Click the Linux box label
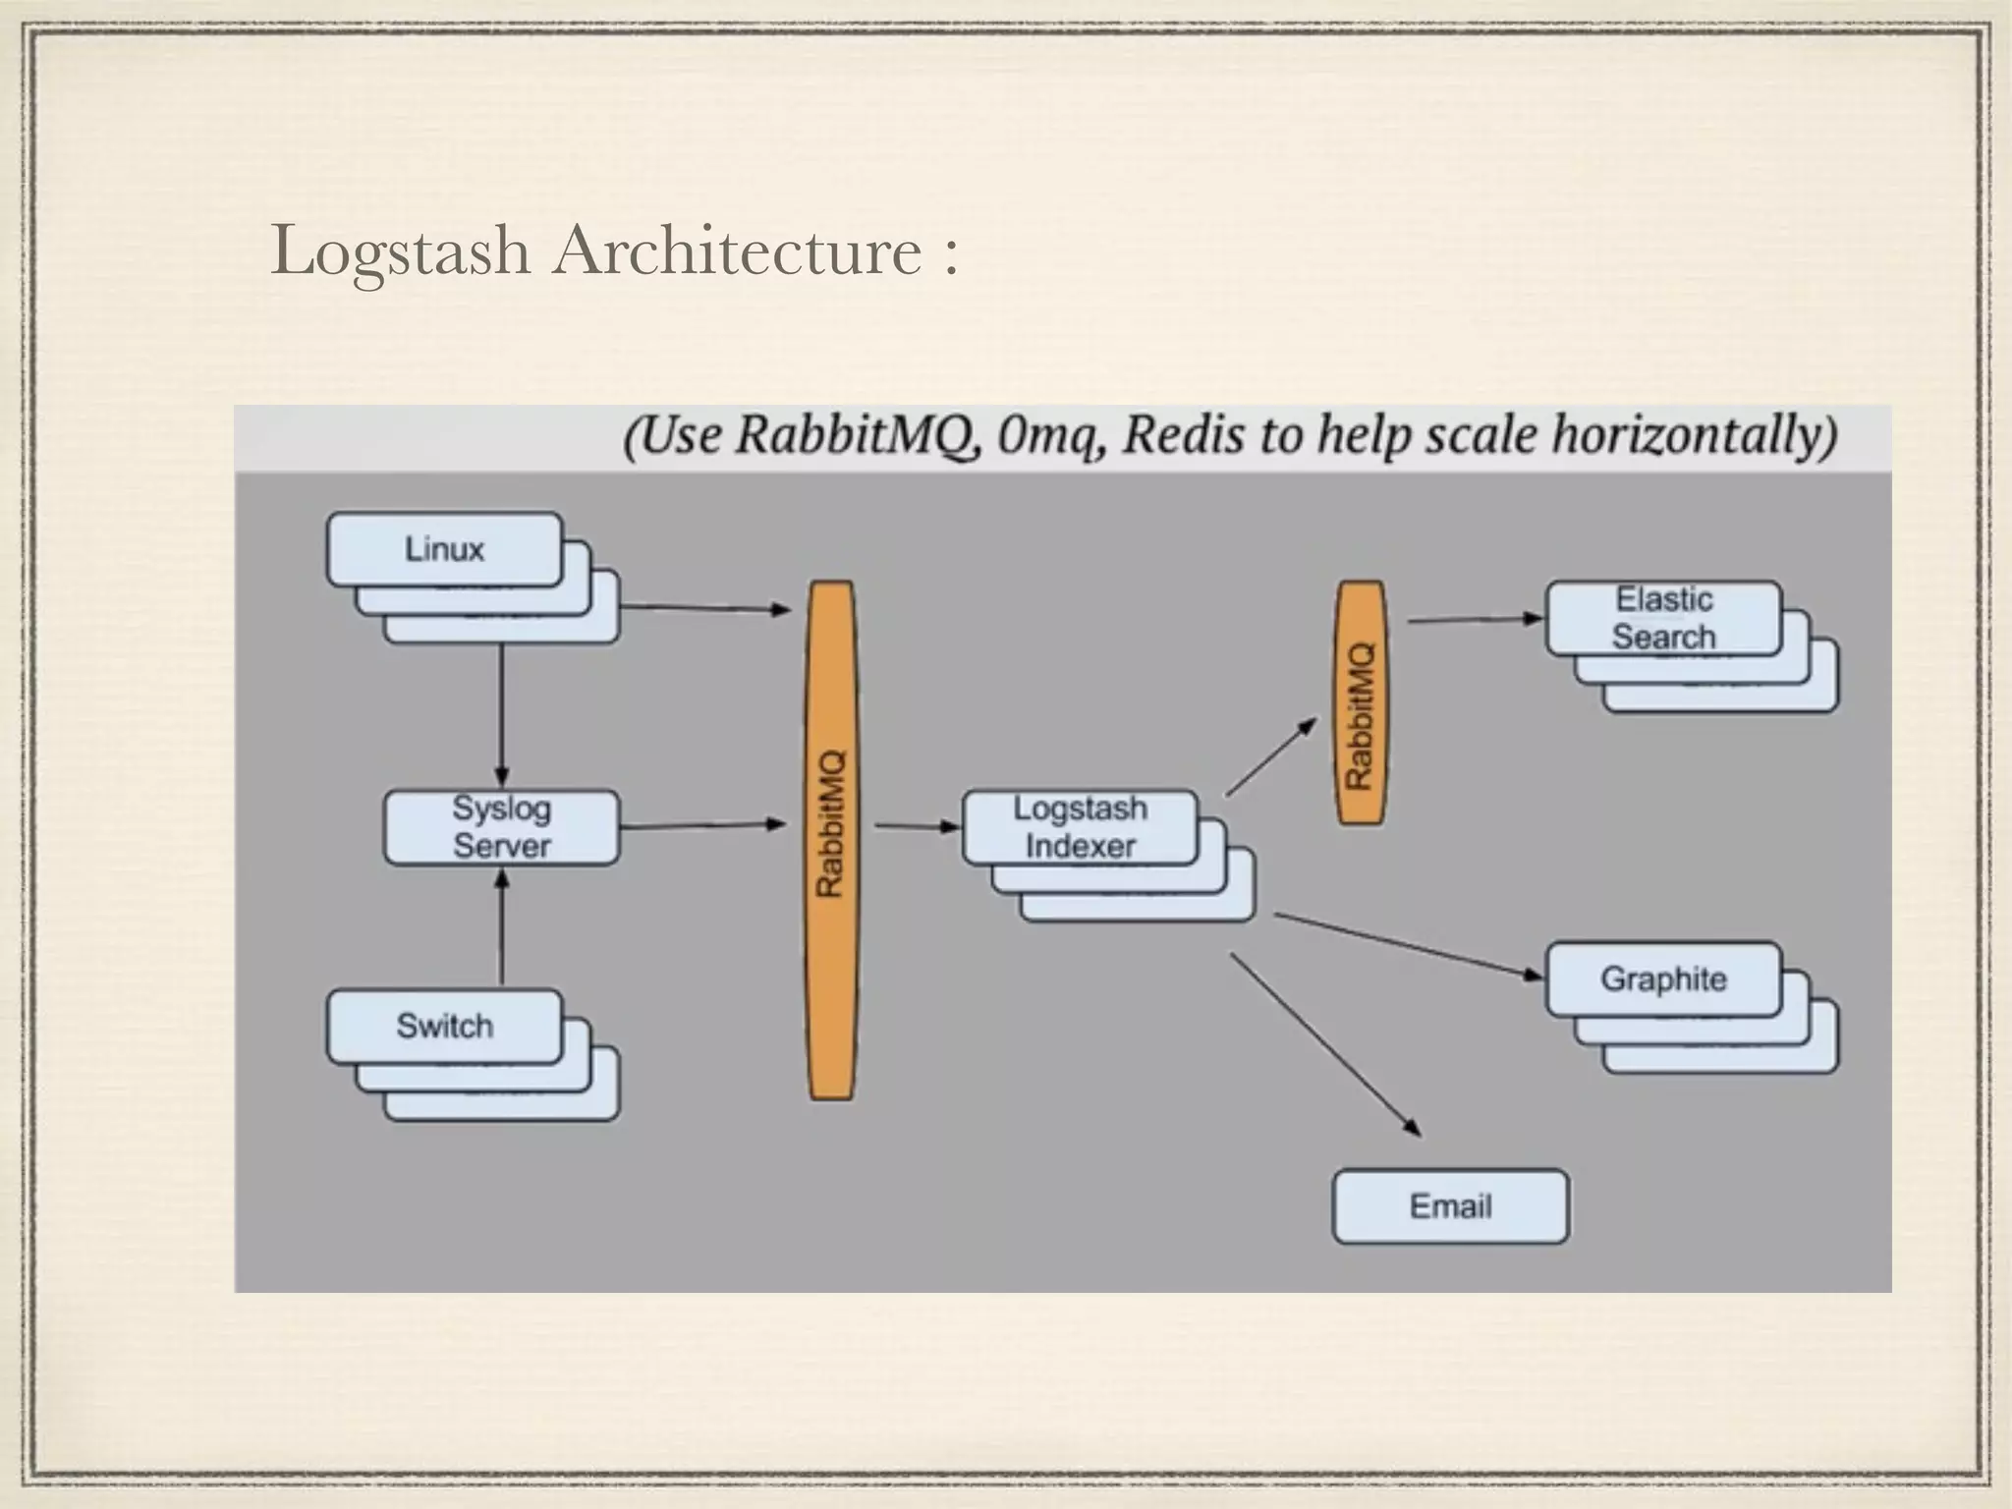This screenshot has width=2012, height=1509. coord(444,549)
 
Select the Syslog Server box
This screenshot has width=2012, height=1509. coord(501,827)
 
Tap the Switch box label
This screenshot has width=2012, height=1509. coord(444,1026)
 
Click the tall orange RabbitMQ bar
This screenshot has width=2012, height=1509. coord(831,840)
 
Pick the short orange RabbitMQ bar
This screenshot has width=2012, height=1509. coord(1361,702)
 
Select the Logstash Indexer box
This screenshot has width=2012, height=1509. coord(1080,827)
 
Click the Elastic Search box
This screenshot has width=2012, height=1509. coord(1663,618)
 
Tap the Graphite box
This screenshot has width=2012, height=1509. coord(1663,978)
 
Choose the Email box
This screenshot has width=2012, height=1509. coord(1450,1205)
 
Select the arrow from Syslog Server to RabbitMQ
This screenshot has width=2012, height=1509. coord(702,826)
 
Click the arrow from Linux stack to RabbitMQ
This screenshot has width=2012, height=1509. coord(705,608)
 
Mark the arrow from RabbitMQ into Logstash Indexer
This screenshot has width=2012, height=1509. coord(916,826)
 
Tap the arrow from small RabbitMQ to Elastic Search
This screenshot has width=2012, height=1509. coord(1474,620)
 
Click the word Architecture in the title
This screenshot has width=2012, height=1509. coord(736,251)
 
